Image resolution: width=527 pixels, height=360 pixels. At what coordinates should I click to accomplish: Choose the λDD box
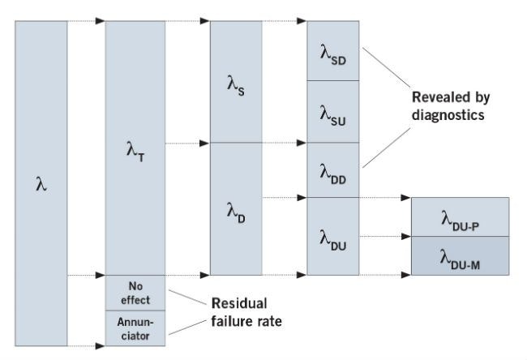point(334,169)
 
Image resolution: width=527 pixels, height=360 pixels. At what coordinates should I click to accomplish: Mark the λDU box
point(334,237)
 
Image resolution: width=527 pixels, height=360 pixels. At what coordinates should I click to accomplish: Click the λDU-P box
point(460,216)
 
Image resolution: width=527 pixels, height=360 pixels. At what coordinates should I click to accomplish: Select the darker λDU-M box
point(460,255)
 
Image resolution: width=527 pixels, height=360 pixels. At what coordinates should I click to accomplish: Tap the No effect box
point(135,294)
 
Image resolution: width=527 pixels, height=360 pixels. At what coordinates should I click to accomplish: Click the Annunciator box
point(135,328)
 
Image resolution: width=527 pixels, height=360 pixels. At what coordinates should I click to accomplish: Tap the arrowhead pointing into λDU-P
point(407,197)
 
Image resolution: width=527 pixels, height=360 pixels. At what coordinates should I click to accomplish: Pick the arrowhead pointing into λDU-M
point(407,237)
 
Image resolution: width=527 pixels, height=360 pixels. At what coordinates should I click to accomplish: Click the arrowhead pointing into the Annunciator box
point(101,347)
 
